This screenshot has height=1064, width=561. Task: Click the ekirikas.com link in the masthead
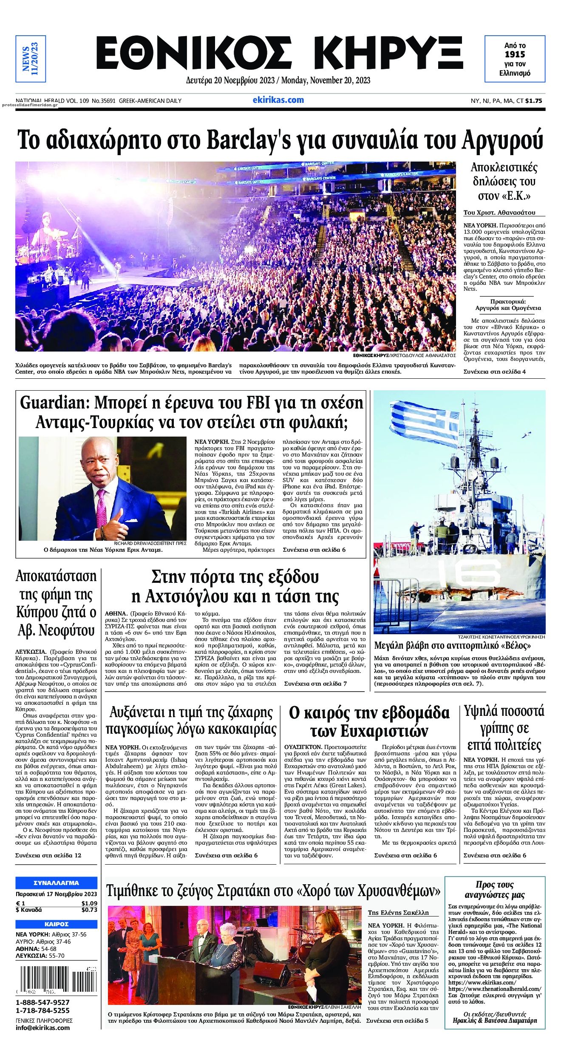[278, 100]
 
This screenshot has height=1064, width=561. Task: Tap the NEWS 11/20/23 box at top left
[31, 59]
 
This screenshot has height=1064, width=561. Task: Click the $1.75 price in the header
[533, 101]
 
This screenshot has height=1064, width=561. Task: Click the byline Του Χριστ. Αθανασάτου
[499, 213]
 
